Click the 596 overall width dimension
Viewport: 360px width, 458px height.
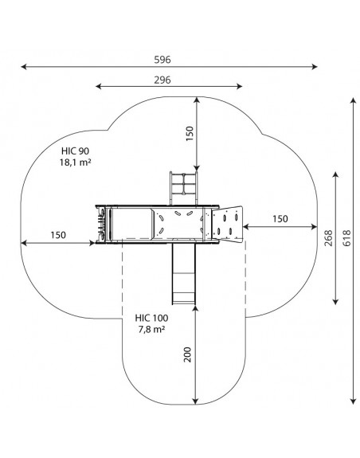[162, 60]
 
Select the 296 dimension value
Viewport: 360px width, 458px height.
[162, 80]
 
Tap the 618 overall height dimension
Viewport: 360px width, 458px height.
[346, 238]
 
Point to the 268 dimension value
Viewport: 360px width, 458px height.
[329, 238]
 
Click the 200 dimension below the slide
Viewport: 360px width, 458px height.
[187, 354]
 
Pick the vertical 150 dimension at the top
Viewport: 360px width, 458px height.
[190, 134]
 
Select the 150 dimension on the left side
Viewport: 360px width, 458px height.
[58, 235]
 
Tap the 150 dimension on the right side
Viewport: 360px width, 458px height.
[280, 219]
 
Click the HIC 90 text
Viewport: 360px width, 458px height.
[75, 151]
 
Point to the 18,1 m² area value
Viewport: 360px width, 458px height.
[75, 162]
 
